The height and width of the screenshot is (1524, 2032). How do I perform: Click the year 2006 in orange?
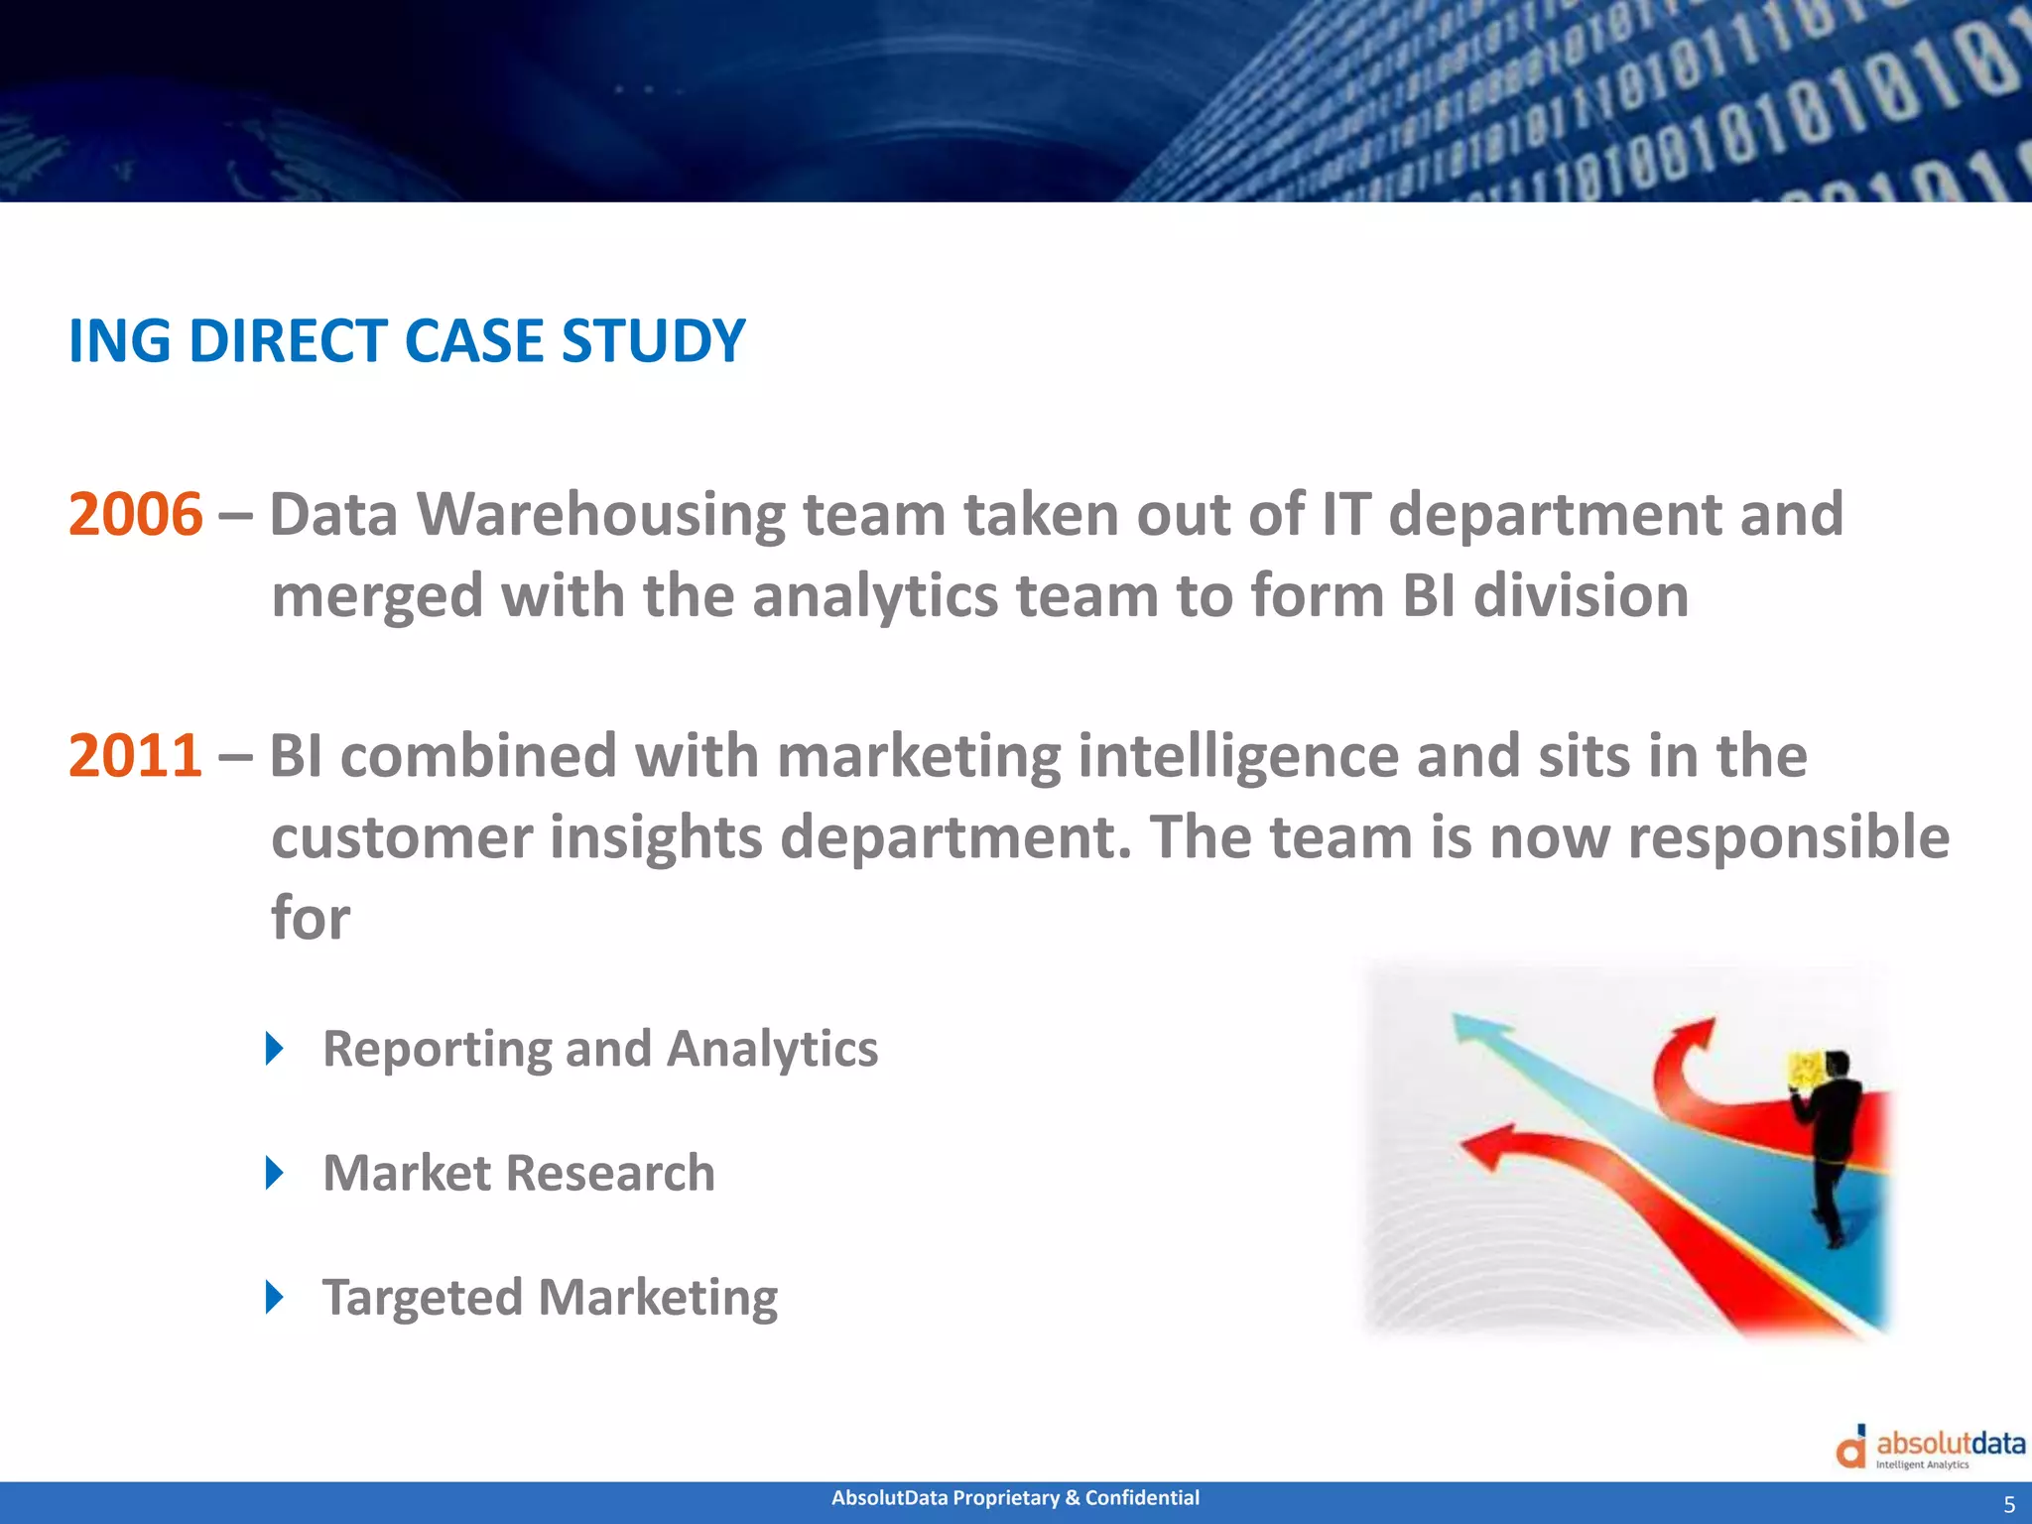[x=135, y=515]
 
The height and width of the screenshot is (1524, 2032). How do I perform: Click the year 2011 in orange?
[x=135, y=756]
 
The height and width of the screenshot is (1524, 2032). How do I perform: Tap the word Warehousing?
[x=599, y=515]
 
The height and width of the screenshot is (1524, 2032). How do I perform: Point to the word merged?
[x=377, y=597]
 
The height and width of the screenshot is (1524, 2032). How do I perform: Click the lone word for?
[x=310, y=919]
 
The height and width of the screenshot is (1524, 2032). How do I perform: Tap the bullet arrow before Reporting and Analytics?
[x=275, y=1049]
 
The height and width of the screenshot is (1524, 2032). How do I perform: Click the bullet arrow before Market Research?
[x=275, y=1173]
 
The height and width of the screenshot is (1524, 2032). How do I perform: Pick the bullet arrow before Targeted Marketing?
[x=275, y=1297]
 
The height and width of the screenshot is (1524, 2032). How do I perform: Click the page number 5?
[x=2009, y=1504]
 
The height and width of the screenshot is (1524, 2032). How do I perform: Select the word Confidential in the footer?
[x=1142, y=1498]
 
